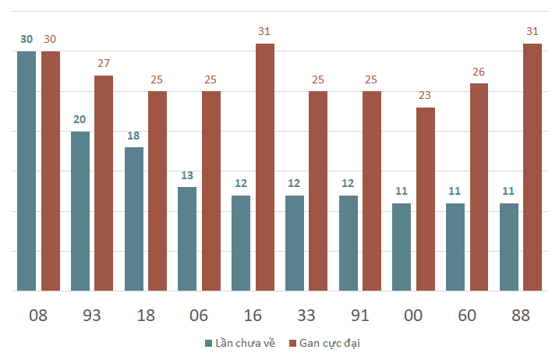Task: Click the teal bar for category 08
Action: pyautogui.click(x=27, y=171)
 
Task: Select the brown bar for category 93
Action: pyautogui.click(x=104, y=183)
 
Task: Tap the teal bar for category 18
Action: pyautogui.click(x=134, y=219)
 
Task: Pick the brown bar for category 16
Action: pyautogui.click(x=265, y=168)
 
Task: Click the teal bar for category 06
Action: pyautogui.click(x=187, y=238)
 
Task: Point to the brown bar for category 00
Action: pyautogui.click(x=426, y=199)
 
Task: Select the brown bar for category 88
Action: pyautogui.click(x=532, y=168)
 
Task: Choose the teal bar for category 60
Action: pyautogui.click(x=455, y=247)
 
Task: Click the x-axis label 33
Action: pyautogui.click(x=306, y=316)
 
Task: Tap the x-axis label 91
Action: pyautogui.click(x=359, y=316)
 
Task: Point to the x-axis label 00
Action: pyautogui.click(x=413, y=316)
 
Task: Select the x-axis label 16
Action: pyautogui.click(x=253, y=316)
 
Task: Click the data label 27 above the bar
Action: pyautogui.click(x=104, y=63)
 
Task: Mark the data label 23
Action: pyautogui.click(x=425, y=95)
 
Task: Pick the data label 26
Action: pyautogui.click(x=479, y=72)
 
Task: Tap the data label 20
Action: pyautogui.click(x=80, y=119)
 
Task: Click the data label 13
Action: pyautogui.click(x=187, y=175)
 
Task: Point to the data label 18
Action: pyautogui.click(x=133, y=136)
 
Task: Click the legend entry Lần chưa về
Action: pyautogui.click(x=240, y=344)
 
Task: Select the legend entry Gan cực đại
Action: pyautogui.click(x=324, y=344)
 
